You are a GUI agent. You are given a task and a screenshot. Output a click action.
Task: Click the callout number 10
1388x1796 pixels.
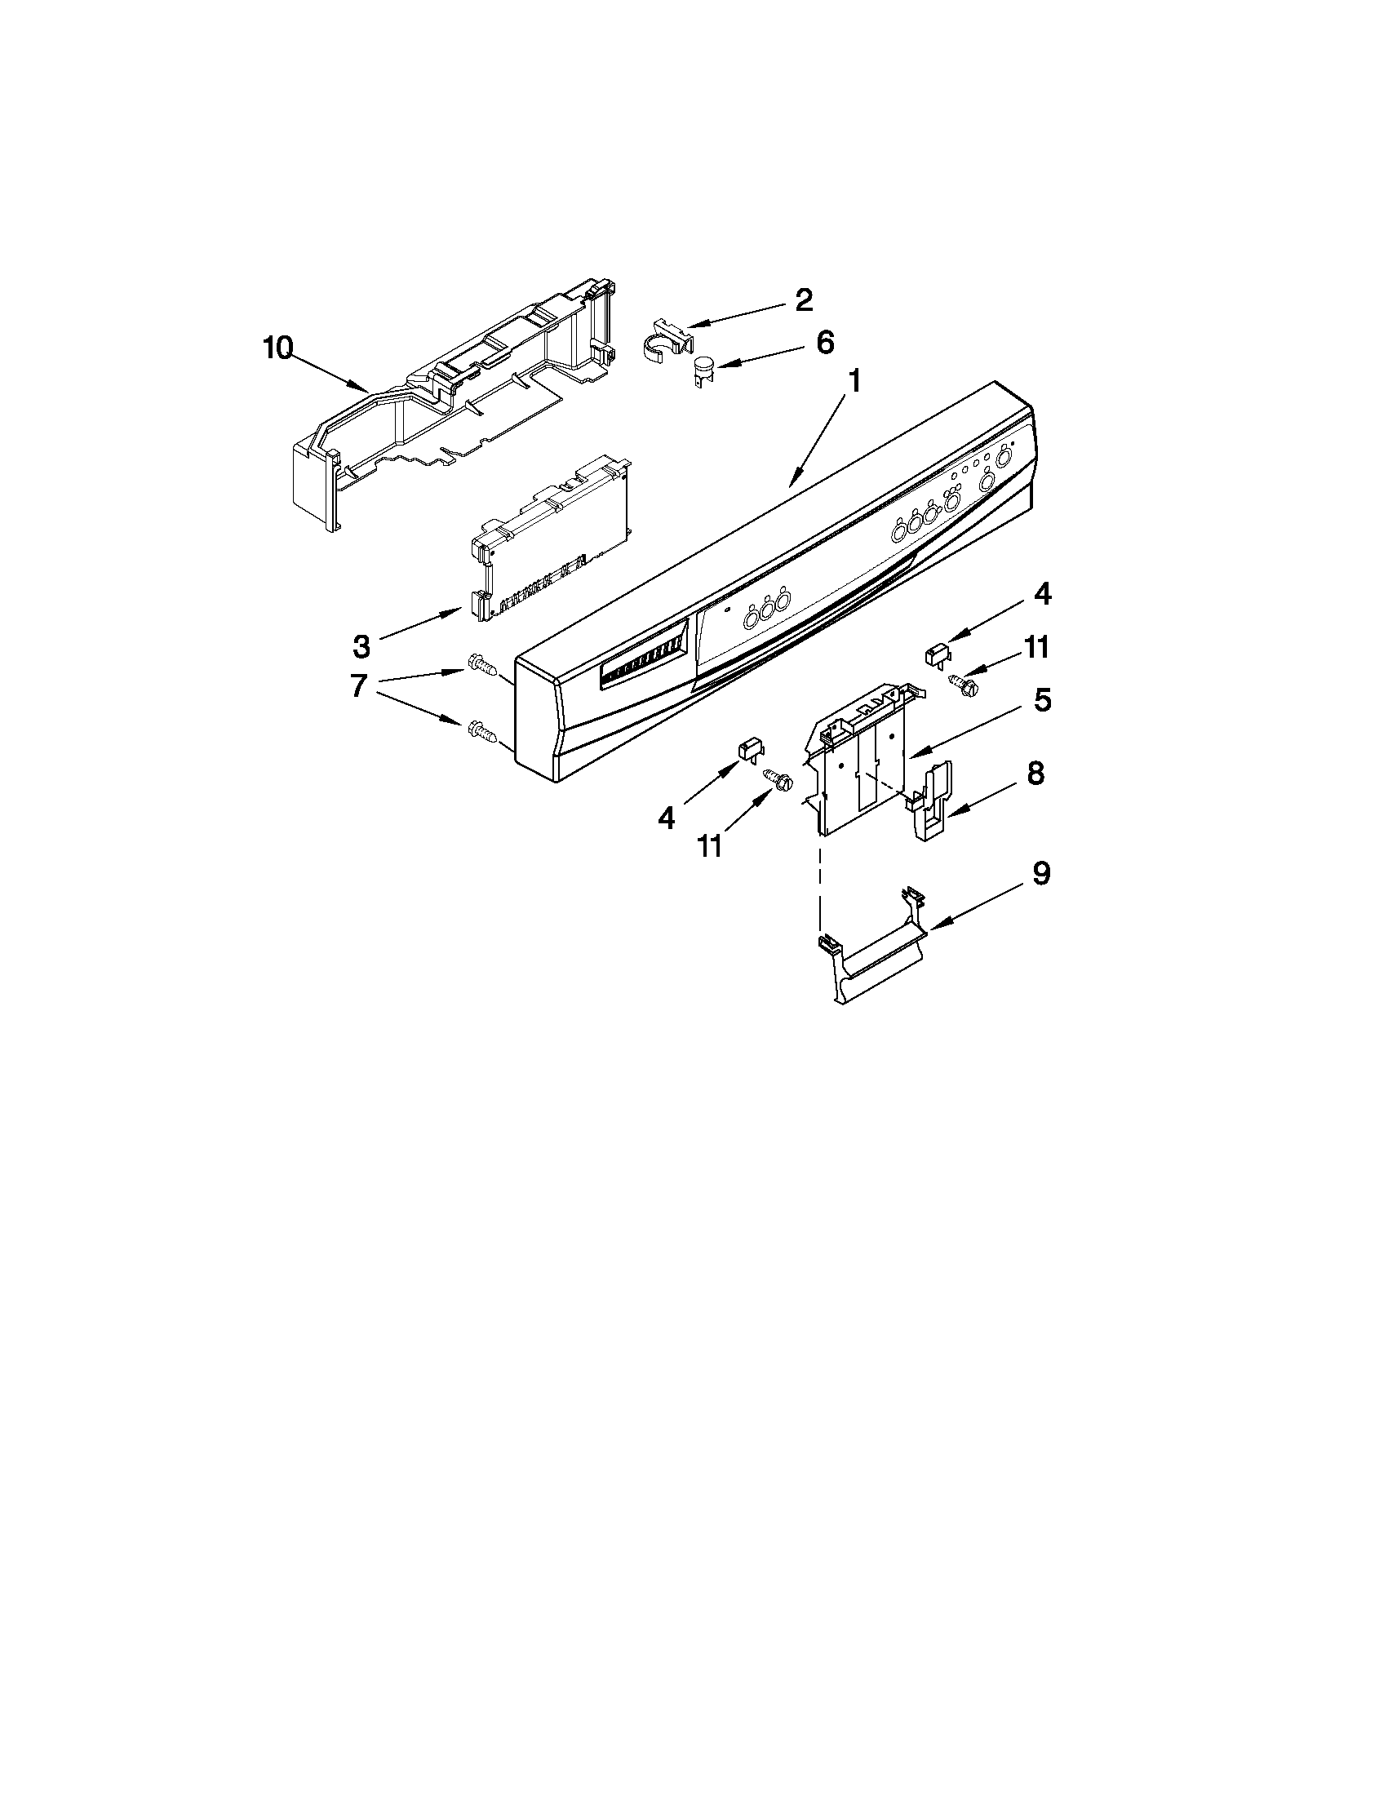[278, 348]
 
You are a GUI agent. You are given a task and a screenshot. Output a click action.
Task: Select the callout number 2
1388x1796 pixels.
[803, 299]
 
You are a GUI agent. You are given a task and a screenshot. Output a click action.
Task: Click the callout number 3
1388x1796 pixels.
[361, 646]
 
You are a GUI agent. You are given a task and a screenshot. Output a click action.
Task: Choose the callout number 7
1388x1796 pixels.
[358, 685]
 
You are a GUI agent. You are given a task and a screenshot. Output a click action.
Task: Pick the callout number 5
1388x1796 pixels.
[1042, 701]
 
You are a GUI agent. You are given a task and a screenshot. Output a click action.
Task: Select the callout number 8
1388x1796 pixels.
[1035, 773]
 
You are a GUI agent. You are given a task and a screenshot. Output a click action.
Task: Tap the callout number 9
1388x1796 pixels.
[1040, 873]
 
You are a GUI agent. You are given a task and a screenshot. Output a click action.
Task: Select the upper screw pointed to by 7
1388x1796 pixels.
[481, 663]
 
